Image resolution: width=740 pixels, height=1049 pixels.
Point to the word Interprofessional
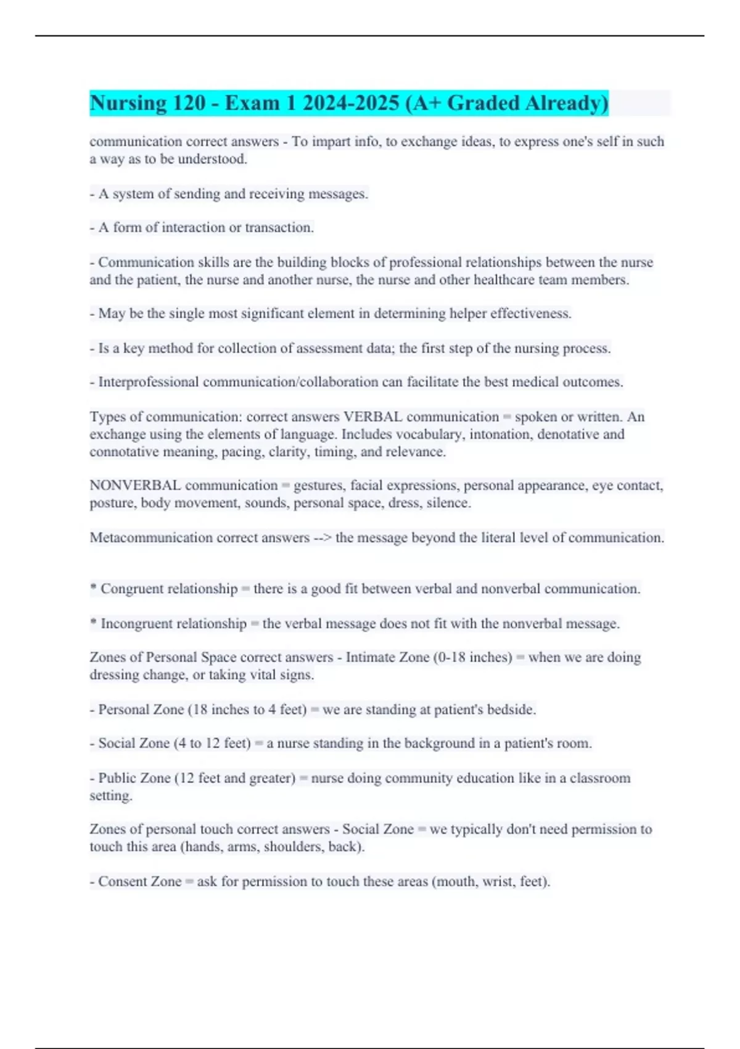(149, 383)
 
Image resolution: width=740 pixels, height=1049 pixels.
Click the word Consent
(121, 882)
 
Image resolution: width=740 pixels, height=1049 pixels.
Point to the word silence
(448, 504)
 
